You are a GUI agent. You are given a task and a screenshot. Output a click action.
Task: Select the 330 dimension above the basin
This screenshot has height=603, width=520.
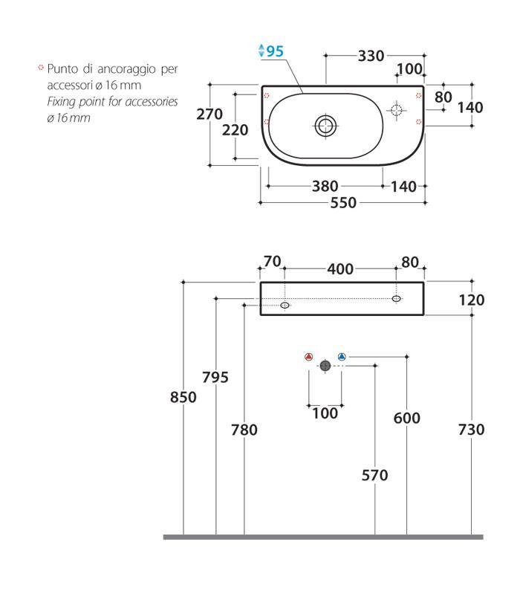coord(371,56)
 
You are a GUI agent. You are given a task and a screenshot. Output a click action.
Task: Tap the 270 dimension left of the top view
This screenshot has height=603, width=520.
coord(209,114)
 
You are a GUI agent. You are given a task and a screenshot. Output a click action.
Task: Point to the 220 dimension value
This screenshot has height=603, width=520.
coord(235,130)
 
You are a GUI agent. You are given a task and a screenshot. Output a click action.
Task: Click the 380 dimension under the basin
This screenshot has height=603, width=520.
coord(325,186)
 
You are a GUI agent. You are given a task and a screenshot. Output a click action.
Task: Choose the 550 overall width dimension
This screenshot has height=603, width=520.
coord(343,202)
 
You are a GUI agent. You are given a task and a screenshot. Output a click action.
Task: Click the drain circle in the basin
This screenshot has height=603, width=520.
coord(325,126)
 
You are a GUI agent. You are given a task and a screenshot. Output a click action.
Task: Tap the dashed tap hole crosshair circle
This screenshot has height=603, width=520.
coord(396,110)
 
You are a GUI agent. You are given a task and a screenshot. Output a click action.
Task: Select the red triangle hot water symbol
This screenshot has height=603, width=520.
coord(308,357)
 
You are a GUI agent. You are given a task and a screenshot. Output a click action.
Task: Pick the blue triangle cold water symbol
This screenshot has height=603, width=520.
coord(342,357)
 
